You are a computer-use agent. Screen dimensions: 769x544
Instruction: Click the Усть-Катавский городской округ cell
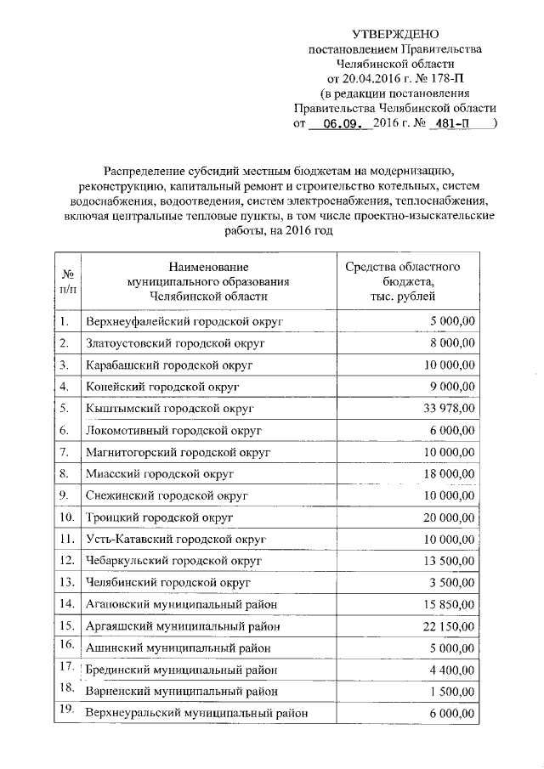176,539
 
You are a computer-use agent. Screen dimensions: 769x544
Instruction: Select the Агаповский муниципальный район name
182,603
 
